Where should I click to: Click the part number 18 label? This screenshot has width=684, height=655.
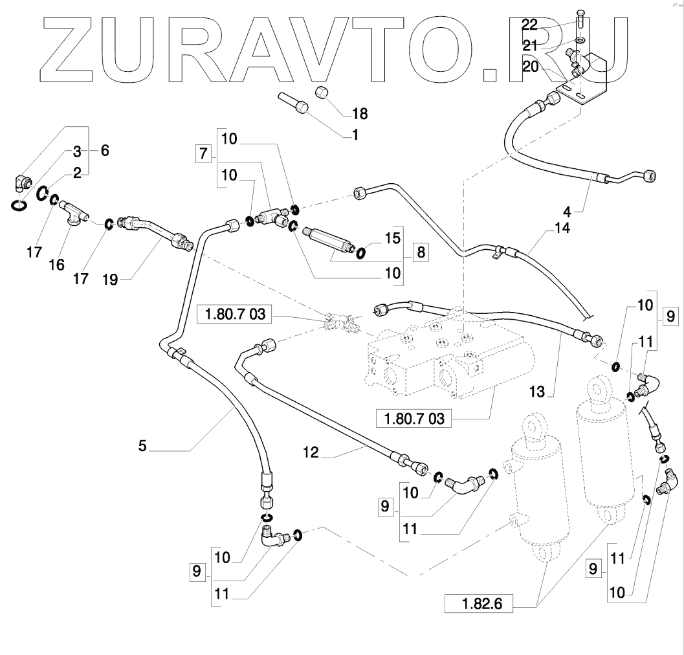pyautogui.click(x=360, y=115)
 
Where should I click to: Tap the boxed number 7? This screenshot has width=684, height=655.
pyautogui.click(x=203, y=155)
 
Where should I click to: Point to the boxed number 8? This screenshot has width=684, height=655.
pyautogui.click(x=421, y=252)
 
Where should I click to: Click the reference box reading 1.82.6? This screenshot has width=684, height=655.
pyautogui.click(x=478, y=605)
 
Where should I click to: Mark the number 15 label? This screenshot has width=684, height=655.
pyautogui.click(x=393, y=238)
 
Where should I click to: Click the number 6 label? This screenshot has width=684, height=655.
pyautogui.click(x=104, y=150)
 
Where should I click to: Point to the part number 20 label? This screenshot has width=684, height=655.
pyautogui.click(x=529, y=66)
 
